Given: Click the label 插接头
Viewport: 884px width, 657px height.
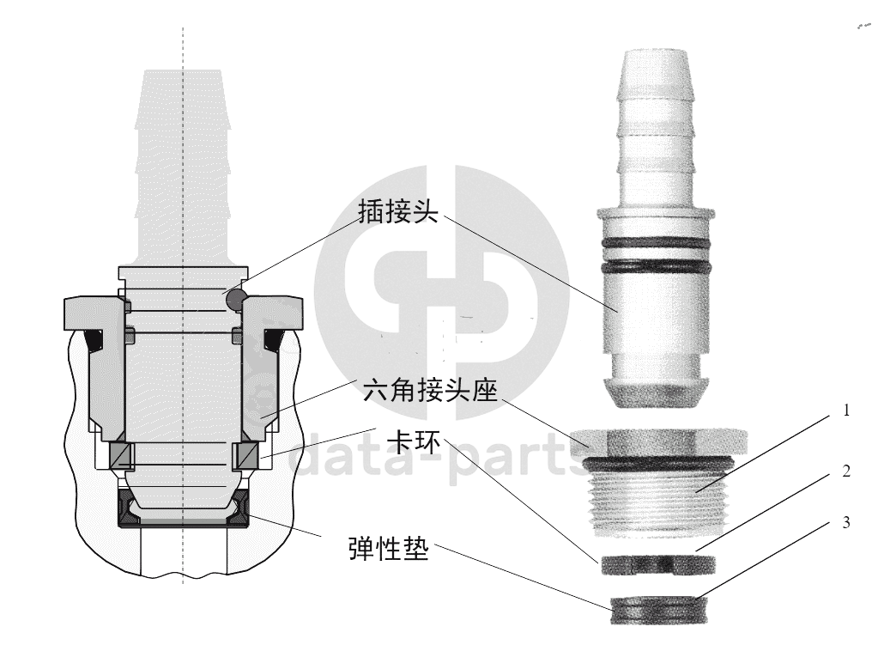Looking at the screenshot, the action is pos(398,211).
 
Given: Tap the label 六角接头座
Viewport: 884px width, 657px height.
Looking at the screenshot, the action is pos(430,390).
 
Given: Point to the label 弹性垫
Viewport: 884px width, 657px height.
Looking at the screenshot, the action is pos(389,548).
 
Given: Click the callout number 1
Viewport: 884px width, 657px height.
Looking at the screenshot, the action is pos(845,411).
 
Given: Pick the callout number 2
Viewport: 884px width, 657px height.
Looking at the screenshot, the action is pos(845,471).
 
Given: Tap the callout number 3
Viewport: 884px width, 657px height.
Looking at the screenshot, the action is pos(845,523).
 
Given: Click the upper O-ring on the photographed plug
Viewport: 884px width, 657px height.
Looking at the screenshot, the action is pos(655,242).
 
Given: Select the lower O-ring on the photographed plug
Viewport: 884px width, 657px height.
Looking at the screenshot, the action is pos(655,265).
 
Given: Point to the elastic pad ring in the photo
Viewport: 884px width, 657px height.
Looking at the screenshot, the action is pos(658,610).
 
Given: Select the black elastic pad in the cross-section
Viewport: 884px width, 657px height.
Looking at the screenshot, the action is pos(183,509).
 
